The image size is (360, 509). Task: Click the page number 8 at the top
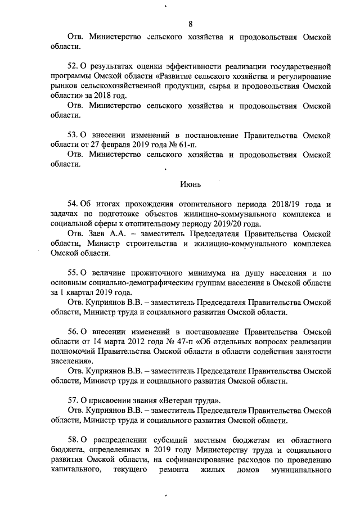tap(190, 23)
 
